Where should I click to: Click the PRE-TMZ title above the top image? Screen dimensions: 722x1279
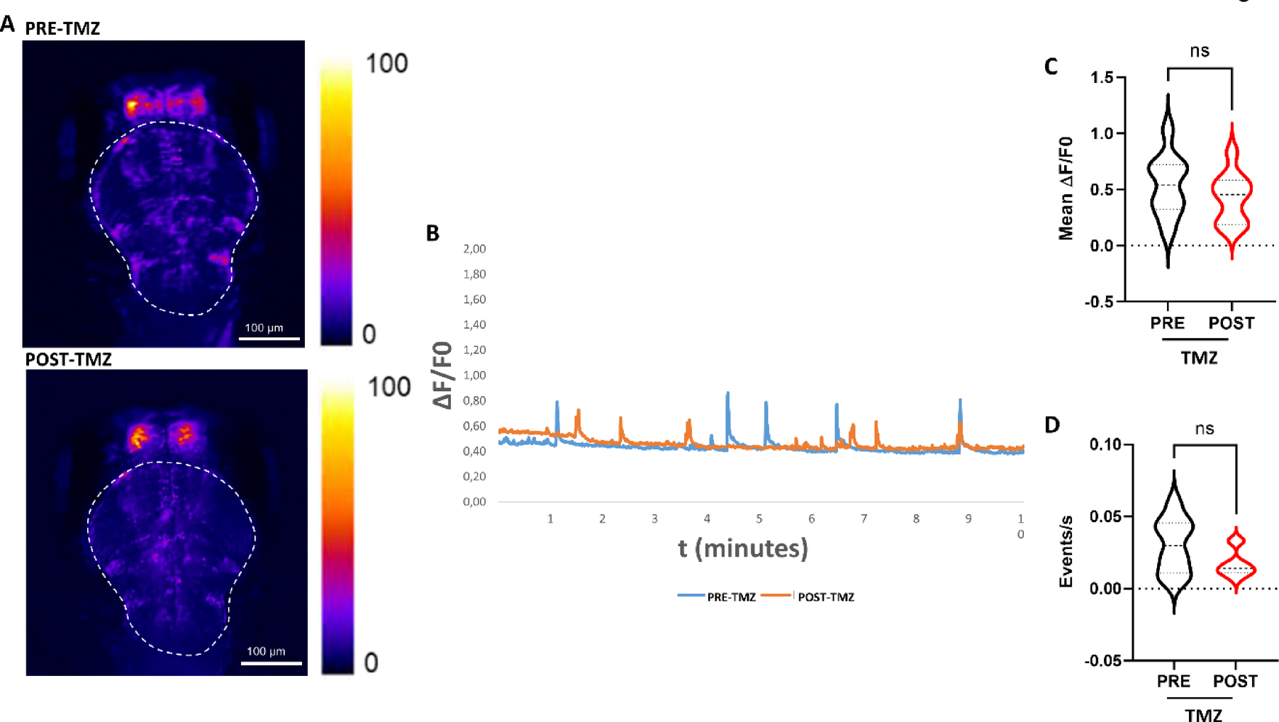point(62,28)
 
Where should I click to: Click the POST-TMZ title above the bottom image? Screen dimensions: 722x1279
point(68,359)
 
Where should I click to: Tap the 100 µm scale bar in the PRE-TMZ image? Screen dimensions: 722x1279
point(269,338)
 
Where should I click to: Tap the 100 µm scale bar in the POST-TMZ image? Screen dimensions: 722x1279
point(271,662)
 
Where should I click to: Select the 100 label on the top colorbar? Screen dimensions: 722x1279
point(386,64)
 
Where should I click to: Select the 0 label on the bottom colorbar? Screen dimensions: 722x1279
point(371,663)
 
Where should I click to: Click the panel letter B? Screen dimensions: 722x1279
point(432,233)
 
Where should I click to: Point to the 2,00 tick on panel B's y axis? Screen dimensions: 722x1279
point(474,249)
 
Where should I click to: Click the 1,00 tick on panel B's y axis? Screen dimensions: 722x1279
point(474,375)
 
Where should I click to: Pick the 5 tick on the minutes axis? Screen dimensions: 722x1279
point(759,519)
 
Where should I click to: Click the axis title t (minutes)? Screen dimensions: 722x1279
point(742,548)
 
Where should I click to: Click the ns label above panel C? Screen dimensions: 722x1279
point(1200,51)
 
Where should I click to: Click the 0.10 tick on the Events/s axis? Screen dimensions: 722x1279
point(1106,444)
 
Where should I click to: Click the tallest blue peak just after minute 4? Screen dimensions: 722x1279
point(727,393)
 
